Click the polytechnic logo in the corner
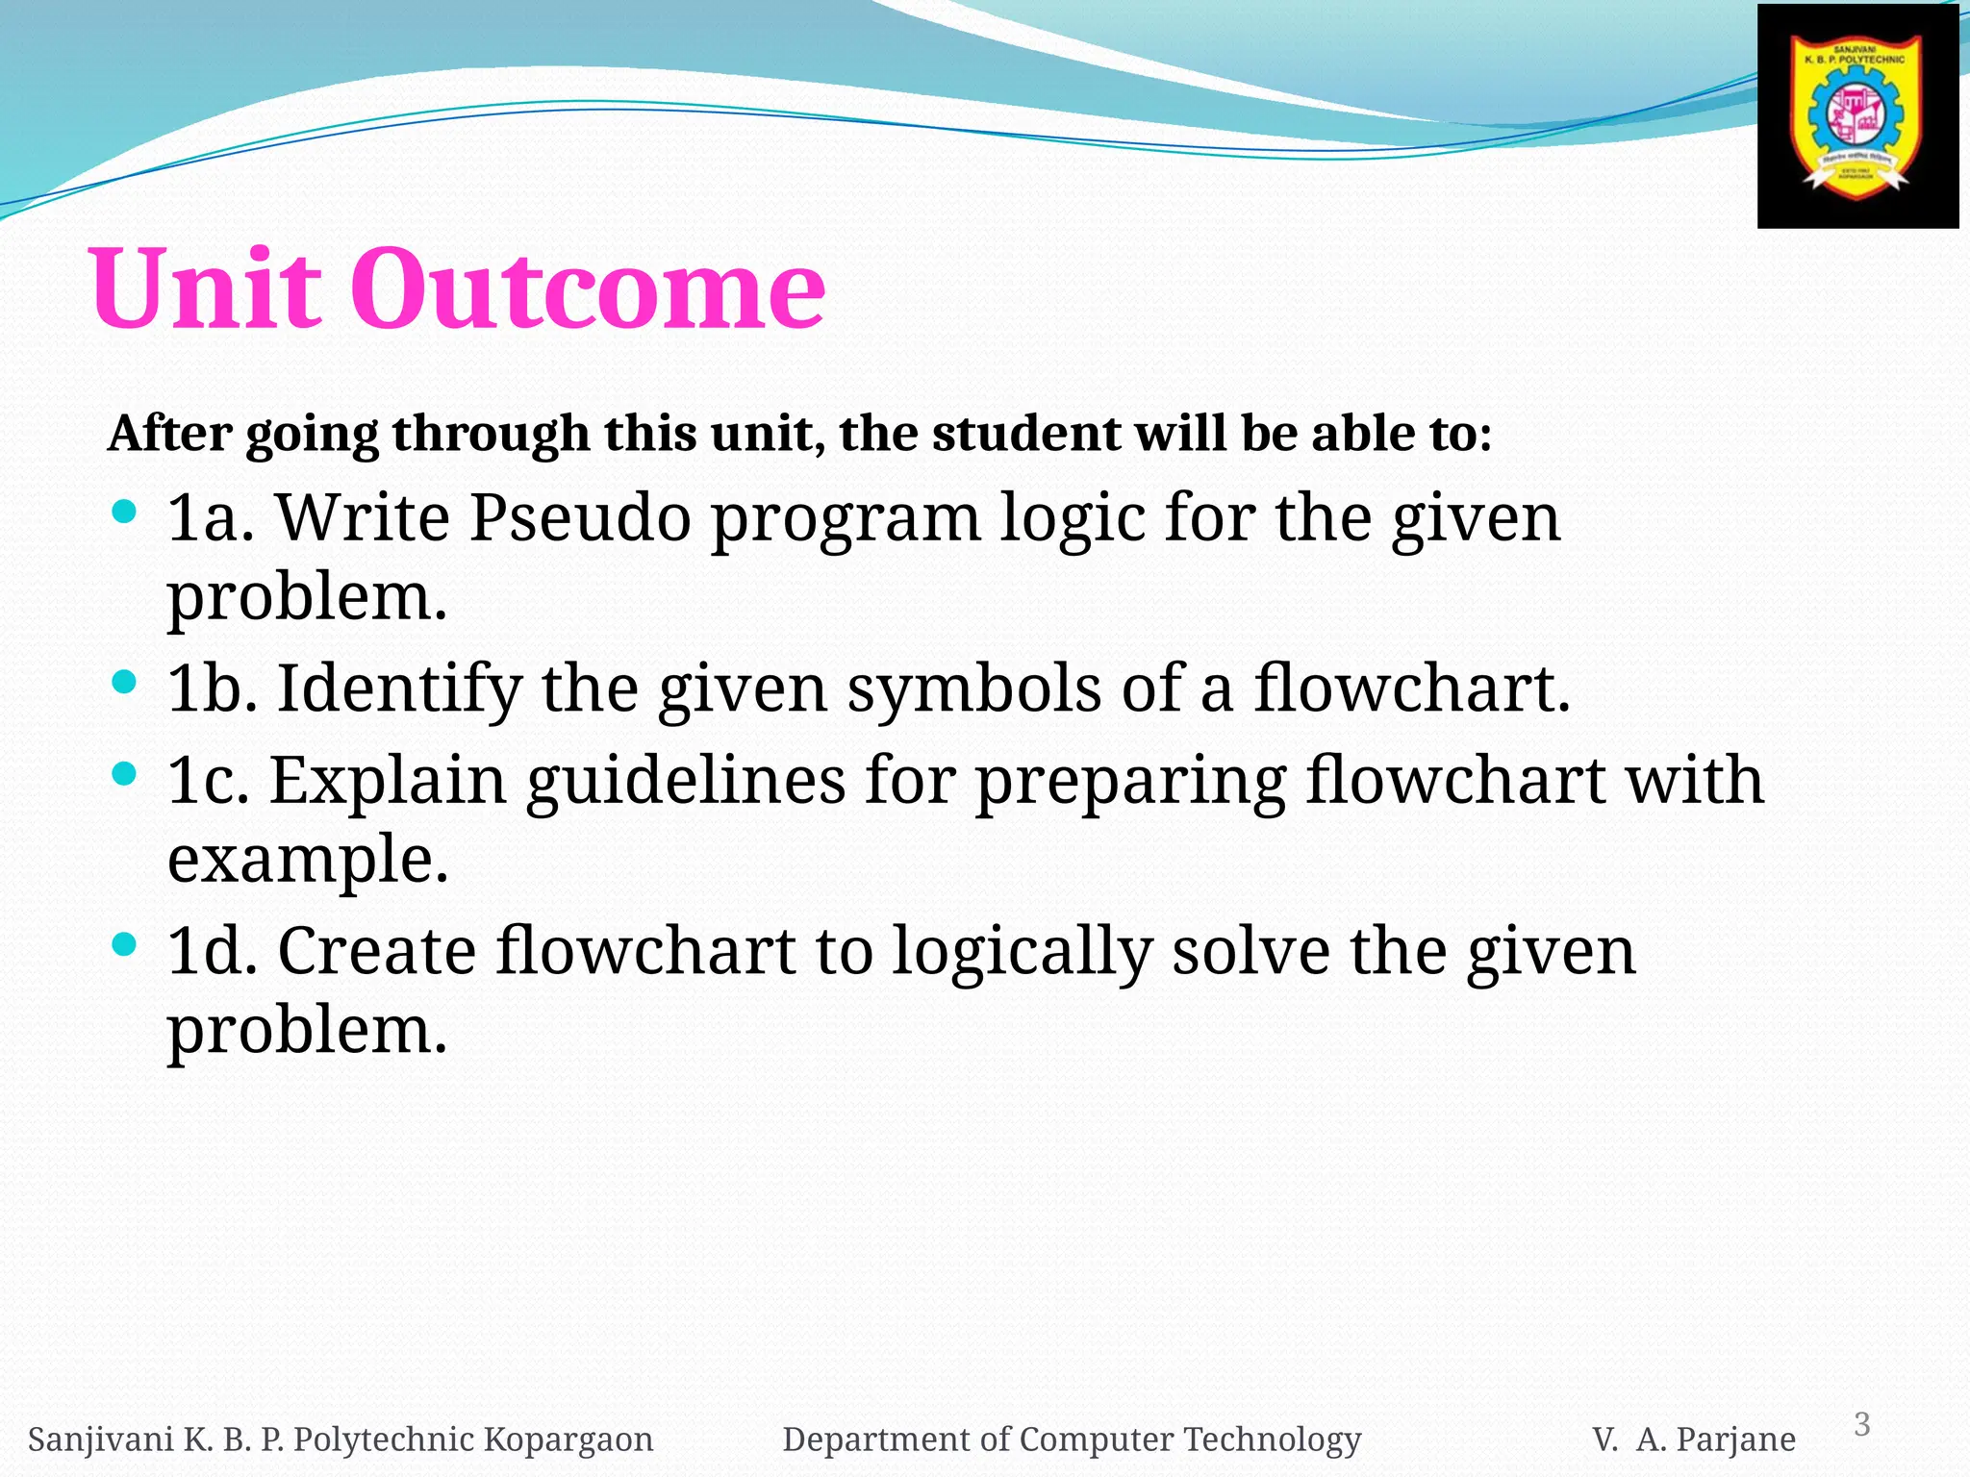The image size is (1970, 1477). tap(1856, 116)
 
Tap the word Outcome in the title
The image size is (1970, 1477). tap(587, 288)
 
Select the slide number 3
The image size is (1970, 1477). tap(1861, 1423)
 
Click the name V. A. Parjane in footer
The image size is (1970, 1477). tap(1693, 1439)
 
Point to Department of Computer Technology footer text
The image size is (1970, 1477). tap(1072, 1439)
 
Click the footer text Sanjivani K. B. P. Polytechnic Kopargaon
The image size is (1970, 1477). tap(341, 1439)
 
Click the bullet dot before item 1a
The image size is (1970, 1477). tap(124, 512)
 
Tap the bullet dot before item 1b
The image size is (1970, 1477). tap(124, 683)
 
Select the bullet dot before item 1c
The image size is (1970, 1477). tap(124, 773)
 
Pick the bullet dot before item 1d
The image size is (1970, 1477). tap(124, 944)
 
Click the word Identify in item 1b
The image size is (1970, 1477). tap(399, 689)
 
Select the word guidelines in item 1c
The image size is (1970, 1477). tap(686, 781)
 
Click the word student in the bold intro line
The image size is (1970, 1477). tap(1026, 434)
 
